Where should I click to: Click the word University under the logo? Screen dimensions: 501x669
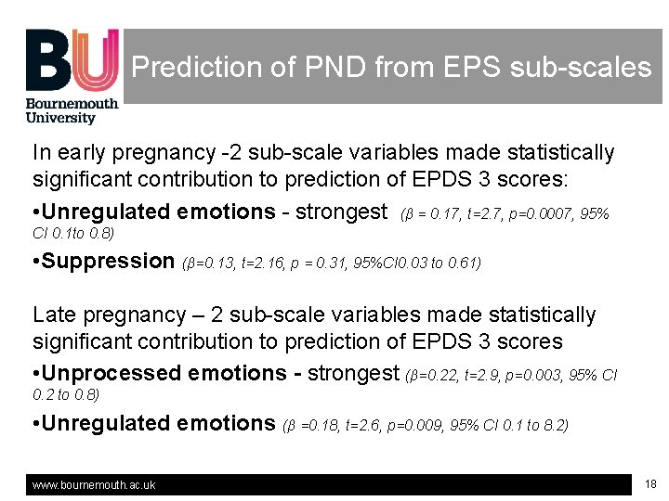tap(60, 118)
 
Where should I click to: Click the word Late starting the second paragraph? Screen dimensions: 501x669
tap(55, 315)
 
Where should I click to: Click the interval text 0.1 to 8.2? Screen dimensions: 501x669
tap(534, 426)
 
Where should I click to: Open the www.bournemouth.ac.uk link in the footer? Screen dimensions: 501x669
tap(94, 485)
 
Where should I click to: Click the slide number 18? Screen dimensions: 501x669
tap(649, 484)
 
